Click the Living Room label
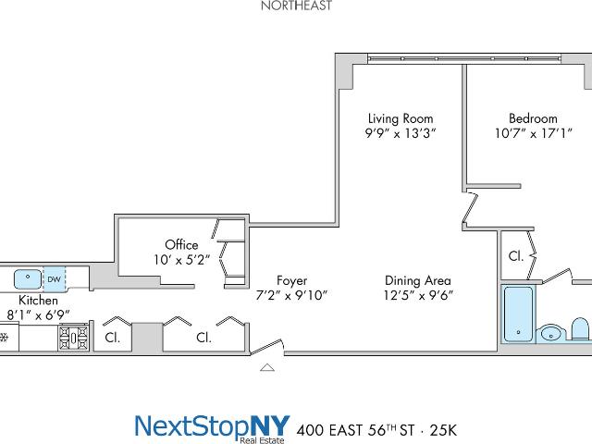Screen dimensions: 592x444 [x=401, y=118]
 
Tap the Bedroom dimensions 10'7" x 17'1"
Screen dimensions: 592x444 [x=534, y=133]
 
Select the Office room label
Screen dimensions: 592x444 [x=181, y=244]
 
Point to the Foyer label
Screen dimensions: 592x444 [x=292, y=280]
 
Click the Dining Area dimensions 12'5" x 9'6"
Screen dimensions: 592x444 [x=418, y=295]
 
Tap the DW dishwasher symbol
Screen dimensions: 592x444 [x=55, y=279]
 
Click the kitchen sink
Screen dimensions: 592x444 [x=28, y=279]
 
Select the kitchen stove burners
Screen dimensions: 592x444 [x=74, y=338]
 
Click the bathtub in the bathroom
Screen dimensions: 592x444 [x=518, y=314]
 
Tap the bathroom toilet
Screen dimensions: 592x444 [x=581, y=329]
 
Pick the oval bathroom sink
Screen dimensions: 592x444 [x=551, y=334]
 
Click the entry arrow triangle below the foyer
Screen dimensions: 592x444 [x=267, y=367]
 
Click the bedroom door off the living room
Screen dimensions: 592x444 [x=471, y=208]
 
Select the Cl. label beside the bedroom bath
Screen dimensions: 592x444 [x=516, y=256]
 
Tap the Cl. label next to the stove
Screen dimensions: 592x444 [x=113, y=338]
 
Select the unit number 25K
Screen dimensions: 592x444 [x=443, y=430]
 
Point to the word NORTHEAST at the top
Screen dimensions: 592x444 [x=297, y=6]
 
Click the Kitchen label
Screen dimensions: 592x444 [x=38, y=300]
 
